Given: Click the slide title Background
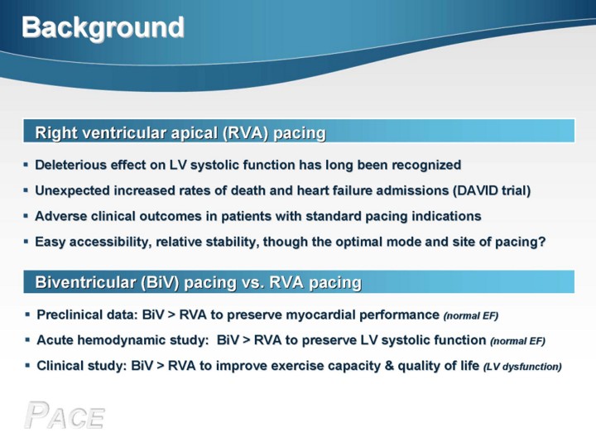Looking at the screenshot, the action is [x=103, y=28].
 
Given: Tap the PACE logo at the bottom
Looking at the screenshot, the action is [x=65, y=416].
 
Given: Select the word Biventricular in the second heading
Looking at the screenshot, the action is [x=85, y=283].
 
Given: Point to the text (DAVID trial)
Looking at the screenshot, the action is [x=492, y=190].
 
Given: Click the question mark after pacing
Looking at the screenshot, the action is [x=542, y=242].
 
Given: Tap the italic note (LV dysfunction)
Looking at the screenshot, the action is [x=522, y=367].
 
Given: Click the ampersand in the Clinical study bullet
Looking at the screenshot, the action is [x=389, y=366].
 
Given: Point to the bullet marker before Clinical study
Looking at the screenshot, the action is [x=27, y=366].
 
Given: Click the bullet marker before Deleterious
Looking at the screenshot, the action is [x=26, y=165].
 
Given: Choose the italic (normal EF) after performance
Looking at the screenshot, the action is [x=471, y=316].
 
